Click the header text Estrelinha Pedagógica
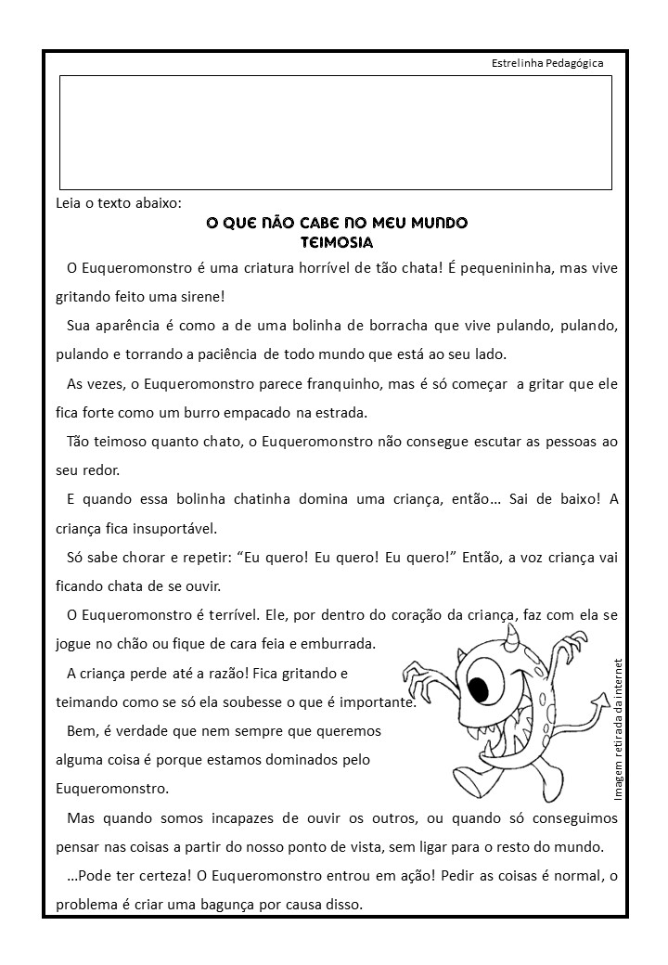(x=546, y=63)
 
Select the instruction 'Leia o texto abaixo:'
(x=118, y=204)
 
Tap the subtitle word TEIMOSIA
(x=337, y=243)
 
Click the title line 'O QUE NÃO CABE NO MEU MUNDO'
(x=336, y=224)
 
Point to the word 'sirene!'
(x=200, y=297)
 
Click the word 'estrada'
(x=341, y=412)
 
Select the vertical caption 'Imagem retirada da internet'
(x=620, y=727)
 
